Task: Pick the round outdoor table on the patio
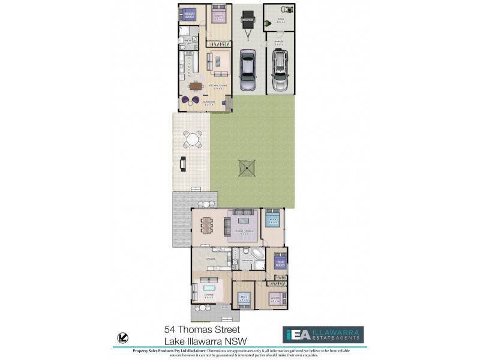(x=193, y=139)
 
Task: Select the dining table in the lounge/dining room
(x=208, y=224)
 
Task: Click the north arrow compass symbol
(x=123, y=337)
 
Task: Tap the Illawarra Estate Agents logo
(x=323, y=335)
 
